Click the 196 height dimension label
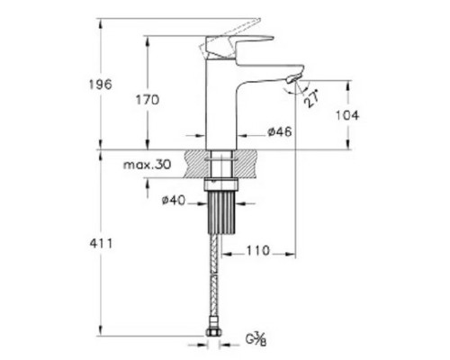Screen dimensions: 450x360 point(100,85)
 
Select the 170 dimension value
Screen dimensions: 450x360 point(148,100)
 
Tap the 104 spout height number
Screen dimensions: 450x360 point(346,115)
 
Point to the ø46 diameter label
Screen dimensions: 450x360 point(280,131)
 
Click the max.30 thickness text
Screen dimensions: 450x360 point(147,165)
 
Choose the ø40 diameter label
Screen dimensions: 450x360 point(174,200)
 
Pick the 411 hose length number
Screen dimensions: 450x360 point(101,243)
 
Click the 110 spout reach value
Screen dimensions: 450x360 point(258,250)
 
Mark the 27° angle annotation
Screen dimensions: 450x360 point(311,98)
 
